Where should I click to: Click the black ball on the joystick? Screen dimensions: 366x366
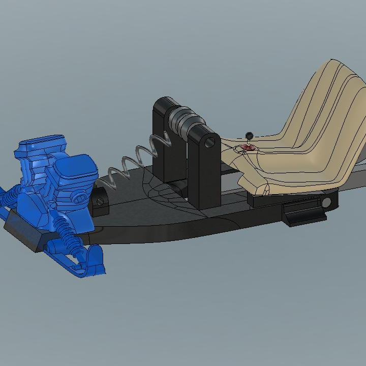click(249, 135)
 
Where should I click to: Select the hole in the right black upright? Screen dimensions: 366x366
click(208, 142)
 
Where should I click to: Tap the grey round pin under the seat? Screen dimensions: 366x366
click(325, 203)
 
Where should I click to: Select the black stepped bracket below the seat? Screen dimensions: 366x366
click(300, 213)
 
